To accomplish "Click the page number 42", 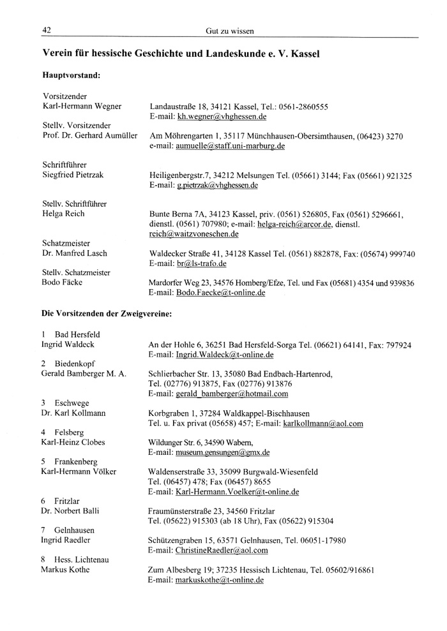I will (x=47, y=30).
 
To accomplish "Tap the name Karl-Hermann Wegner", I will (x=82, y=106).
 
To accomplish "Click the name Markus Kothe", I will (x=66, y=569).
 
